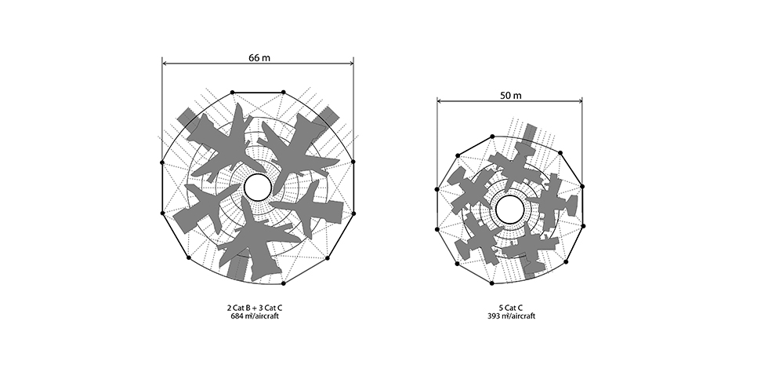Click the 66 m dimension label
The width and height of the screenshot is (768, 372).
click(259, 57)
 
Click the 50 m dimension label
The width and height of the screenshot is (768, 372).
click(510, 95)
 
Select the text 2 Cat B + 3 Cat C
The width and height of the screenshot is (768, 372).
click(255, 308)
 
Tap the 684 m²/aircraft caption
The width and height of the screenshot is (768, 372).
click(255, 316)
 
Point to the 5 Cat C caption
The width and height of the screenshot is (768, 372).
click(511, 308)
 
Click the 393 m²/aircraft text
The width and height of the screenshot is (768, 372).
click(511, 316)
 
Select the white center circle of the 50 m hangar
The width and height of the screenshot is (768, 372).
click(510, 210)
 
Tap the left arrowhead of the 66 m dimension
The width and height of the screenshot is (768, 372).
click(165, 64)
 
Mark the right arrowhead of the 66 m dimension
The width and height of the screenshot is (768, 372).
click(350, 64)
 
